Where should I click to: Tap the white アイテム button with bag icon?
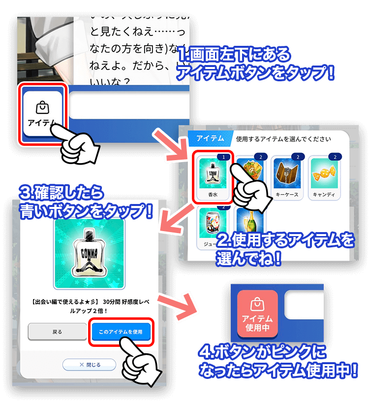click(x=42, y=113)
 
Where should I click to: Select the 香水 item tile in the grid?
click(x=212, y=177)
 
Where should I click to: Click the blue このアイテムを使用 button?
click(x=121, y=332)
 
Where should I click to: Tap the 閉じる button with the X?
click(x=89, y=365)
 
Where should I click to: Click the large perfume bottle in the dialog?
click(x=89, y=253)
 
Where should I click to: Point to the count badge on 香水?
click(x=223, y=157)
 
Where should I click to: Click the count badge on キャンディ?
click(x=335, y=157)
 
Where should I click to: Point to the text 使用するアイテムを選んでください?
click(x=283, y=139)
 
